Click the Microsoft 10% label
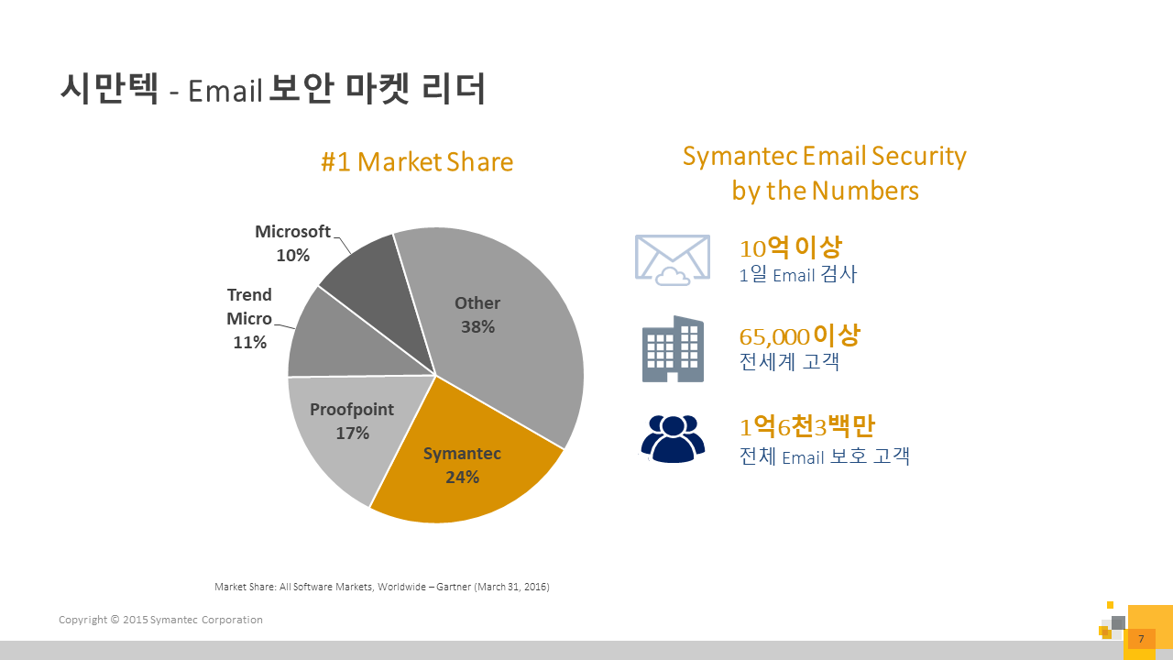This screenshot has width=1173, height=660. pyautogui.click(x=292, y=243)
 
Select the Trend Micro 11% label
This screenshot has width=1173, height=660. pyautogui.click(x=249, y=318)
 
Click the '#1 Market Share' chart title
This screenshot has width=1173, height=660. pyautogui.click(x=417, y=162)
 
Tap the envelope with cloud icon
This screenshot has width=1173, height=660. pyautogui.click(x=673, y=259)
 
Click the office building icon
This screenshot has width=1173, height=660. pyautogui.click(x=673, y=349)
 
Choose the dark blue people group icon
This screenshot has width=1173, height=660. pyautogui.click(x=673, y=439)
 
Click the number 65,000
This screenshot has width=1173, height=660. pyautogui.click(x=774, y=336)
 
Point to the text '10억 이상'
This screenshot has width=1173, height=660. pyautogui.click(x=790, y=247)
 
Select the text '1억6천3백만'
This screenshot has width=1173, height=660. pyautogui.click(x=807, y=426)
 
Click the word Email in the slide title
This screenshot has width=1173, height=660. pyautogui.click(x=225, y=91)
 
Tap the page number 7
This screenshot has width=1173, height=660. pyautogui.click(x=1141, y=639)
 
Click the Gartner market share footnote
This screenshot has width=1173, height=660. pyautogui.click(x=382, y=587)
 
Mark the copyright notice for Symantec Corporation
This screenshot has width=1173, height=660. pyautogui.click(x=160, y=620)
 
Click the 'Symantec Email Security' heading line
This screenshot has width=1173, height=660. pyautogui.click(x=825, y=156)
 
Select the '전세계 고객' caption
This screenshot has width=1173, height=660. pyautogui.click(x=789, y=361)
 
